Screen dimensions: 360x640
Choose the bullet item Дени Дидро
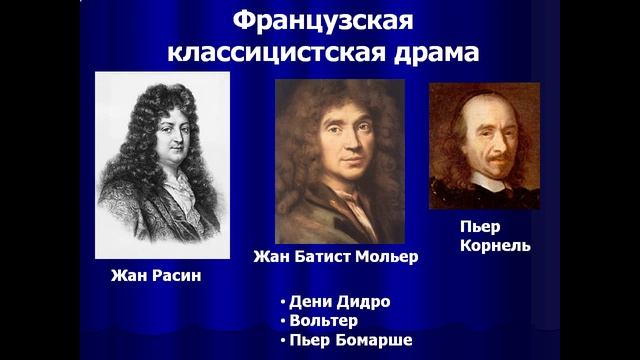point(338,301)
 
